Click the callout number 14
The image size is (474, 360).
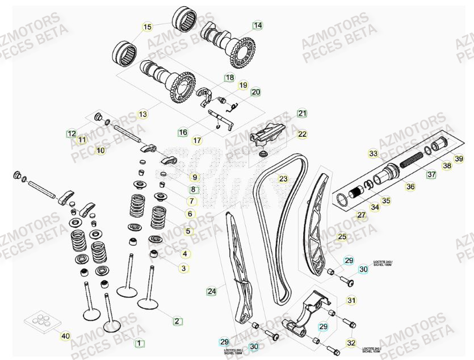pos(258,26)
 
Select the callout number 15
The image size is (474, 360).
pos(147,27)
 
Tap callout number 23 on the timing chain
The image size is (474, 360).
pos(283,179)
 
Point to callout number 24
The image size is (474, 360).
pos(211,291)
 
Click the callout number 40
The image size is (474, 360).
pos(65,336)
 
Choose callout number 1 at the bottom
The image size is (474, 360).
pos(137,343)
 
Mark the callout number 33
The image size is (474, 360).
pos(372,154)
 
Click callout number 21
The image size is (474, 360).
pos(302,113)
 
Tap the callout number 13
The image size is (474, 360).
pos(142,114)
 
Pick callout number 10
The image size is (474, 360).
pos(100,150)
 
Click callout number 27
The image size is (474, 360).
pos(361,215)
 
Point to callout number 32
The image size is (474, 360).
pos(351,342)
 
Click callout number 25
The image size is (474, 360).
pos(341,236)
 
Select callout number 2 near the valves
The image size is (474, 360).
pos(177,321)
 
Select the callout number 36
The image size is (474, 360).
pos(410,186)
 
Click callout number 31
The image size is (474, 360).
pos(351,300)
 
